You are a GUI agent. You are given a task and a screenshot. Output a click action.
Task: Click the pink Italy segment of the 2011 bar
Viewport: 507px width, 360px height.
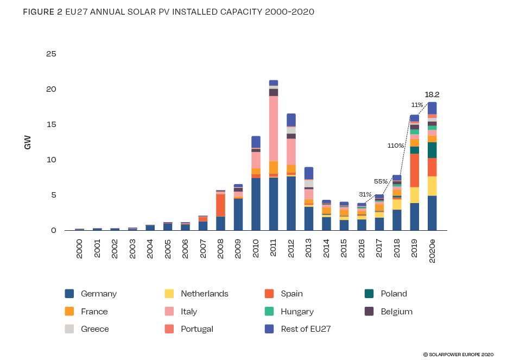tap(274, 129)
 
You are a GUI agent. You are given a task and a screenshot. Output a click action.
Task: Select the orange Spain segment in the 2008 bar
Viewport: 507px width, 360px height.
tap(220, 205)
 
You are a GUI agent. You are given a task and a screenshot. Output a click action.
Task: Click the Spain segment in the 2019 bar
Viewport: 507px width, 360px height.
tap(414, 170)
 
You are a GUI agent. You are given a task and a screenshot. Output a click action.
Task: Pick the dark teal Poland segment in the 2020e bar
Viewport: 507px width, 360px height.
tap(432, 150)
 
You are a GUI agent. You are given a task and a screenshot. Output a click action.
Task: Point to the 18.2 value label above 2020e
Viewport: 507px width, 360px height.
tap(432, 94)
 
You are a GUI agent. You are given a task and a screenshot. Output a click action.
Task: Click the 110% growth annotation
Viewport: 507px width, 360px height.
tap(395, 146)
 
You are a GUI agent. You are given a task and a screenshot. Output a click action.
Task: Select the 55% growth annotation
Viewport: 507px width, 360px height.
tap(381, 181)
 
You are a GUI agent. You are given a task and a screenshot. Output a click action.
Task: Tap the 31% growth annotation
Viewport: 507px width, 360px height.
tap(365, 194)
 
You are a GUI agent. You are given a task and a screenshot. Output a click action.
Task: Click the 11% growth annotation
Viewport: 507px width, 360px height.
tap(417, 105)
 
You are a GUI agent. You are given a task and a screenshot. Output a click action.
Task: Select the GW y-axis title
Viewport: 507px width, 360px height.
tap(28, 142)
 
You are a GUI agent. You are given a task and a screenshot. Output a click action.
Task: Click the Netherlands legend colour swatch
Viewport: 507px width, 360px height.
tap(169, 294)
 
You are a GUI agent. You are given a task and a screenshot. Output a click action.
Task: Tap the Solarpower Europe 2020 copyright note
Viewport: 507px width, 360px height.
tap(458, 354)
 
